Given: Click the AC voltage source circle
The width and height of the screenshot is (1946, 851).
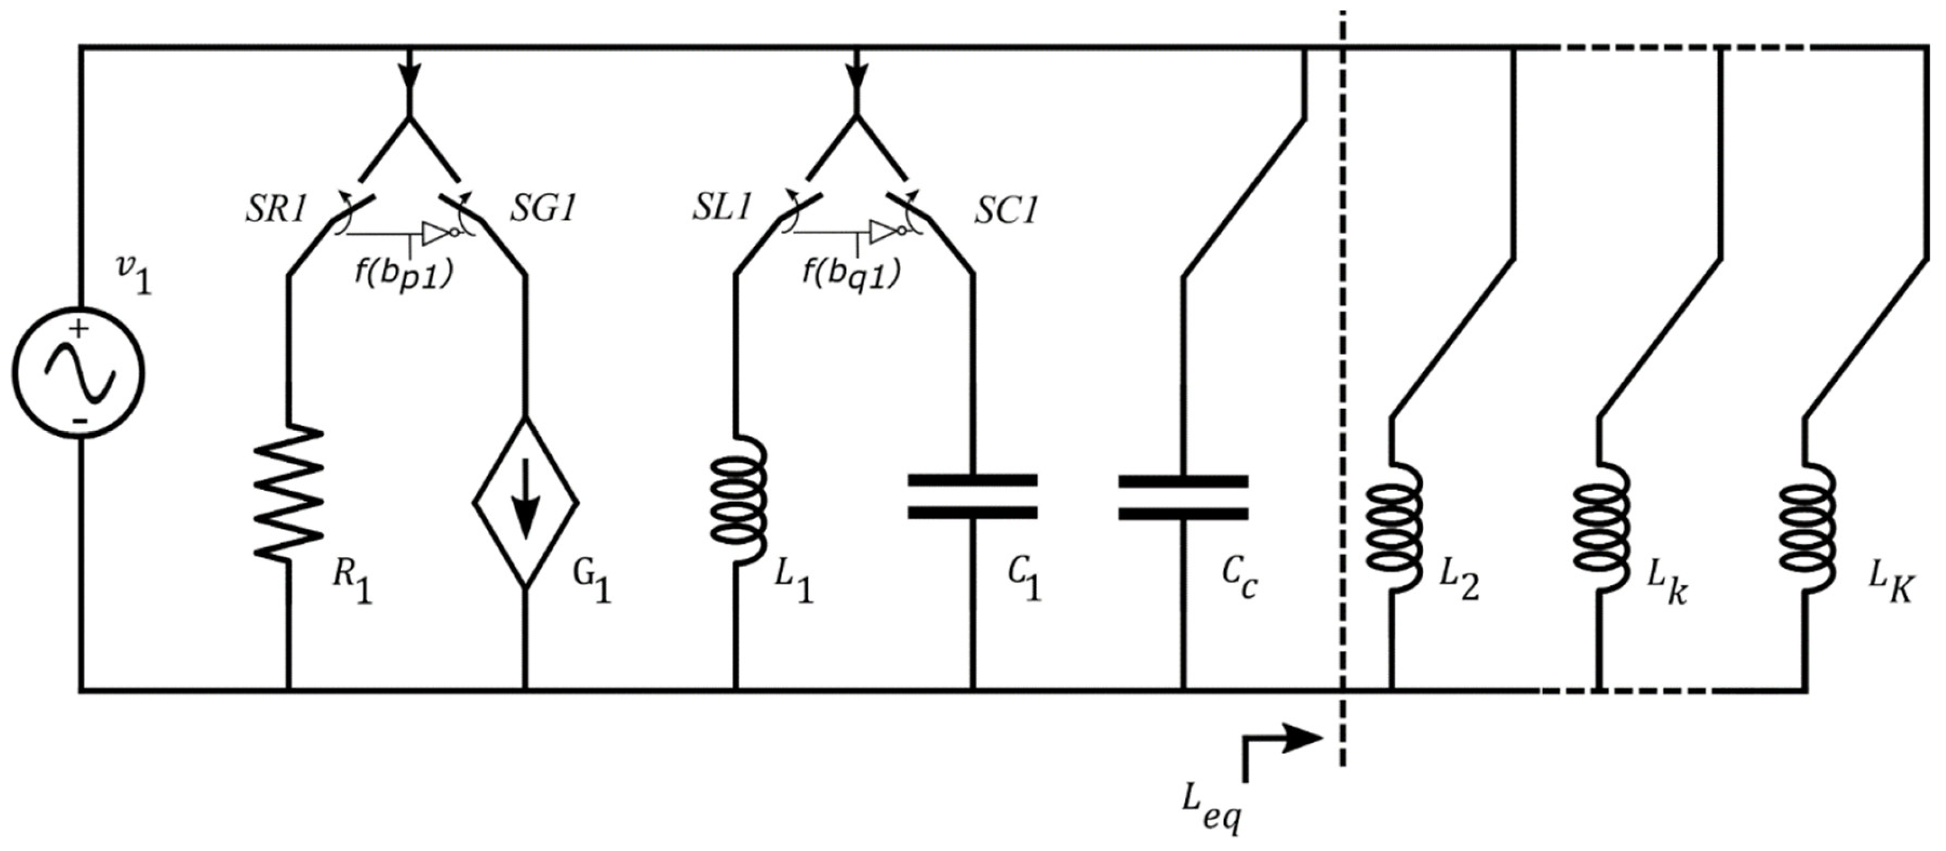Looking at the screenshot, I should point(79,373).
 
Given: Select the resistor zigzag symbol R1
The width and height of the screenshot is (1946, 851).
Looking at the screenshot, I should point(289,492).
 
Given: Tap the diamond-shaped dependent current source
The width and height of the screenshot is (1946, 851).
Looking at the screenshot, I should point(526,502).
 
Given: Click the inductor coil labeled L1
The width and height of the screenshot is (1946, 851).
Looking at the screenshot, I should point(739,499).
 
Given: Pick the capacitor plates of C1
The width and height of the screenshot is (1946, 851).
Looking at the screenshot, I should point(972,497).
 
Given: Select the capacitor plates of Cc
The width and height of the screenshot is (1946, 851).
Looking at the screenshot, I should point(1183,497).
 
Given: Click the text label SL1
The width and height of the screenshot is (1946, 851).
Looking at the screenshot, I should point(722,208).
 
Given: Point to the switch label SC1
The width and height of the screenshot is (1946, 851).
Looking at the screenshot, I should point(1005,212).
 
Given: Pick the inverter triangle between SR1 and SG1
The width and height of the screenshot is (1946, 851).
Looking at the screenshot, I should point(436,234).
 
